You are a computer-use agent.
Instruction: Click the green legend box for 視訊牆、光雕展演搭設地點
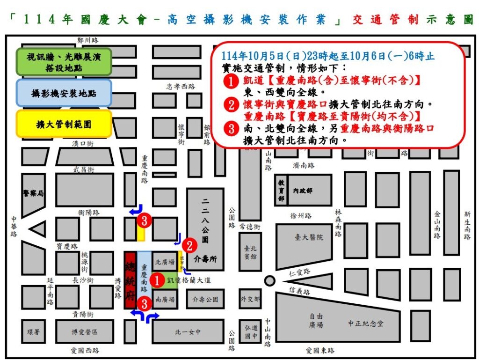(64, 62)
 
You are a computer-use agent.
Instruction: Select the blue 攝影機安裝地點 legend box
(64, 93)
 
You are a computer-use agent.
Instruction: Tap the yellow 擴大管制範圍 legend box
(64, 124)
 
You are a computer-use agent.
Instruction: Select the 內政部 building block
(303, 191)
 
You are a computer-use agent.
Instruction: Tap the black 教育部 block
(281, 190)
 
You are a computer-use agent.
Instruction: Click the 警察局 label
(33, 193)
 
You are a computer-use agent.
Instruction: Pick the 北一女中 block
(188, 332)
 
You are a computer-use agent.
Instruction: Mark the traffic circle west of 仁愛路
(269, 281)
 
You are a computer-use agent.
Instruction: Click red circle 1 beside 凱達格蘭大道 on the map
(158, 280)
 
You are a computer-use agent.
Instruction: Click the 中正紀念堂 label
(366, 323)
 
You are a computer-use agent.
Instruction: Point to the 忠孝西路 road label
(181, 87)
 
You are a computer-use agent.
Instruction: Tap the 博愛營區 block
(84, 331)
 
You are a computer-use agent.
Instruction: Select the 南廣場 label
(165, 299)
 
